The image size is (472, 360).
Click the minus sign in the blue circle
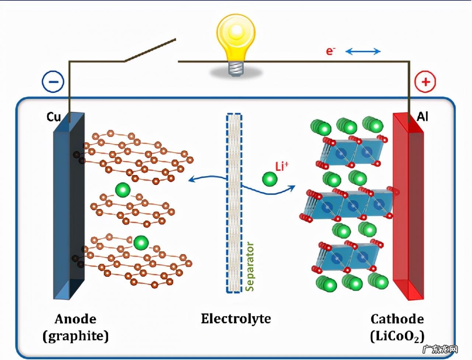(53, 81)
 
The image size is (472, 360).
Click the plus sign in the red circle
(425, 81)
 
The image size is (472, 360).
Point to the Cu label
(53, 117)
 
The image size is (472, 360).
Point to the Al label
(423, 117)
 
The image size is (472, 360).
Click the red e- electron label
(330, 51)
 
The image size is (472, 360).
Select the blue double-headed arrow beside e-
(363, 51)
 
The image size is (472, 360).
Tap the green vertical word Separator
(250, 266)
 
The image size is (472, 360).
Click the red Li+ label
(281, 167)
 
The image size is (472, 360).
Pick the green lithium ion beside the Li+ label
(270, 180)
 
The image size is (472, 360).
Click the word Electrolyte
(236, 319)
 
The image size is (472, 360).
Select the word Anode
(76, 319)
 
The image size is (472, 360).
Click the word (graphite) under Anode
(76, 336)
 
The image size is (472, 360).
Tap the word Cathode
(397, 319)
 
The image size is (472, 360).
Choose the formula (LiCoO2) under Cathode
(397, 336)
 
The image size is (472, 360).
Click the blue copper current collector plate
(69, 206)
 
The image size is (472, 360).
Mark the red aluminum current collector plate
(409, 206)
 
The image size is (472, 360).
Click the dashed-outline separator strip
(234, 203)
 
